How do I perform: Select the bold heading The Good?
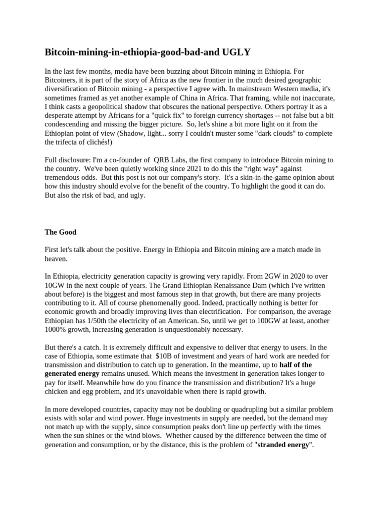[60, 232]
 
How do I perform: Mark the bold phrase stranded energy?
[284, 445]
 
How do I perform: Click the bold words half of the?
[295, 365]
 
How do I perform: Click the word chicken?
[57, 392]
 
